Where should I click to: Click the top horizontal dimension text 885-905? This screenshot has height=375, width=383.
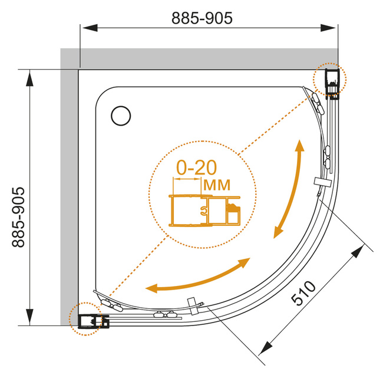point(202,18)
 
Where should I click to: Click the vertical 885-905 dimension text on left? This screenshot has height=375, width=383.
point(18,217)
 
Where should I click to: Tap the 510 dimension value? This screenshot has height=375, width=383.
point(303,293)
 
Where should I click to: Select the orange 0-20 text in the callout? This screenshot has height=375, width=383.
point(197,167)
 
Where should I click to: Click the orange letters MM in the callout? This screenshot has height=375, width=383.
point(217,185)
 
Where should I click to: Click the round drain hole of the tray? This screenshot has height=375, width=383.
point(121,116)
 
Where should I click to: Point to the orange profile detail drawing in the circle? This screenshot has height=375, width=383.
point(204,210)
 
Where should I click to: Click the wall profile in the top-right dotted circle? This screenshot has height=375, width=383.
point(332,83)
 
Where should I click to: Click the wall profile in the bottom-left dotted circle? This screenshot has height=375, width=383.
point(93,321)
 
